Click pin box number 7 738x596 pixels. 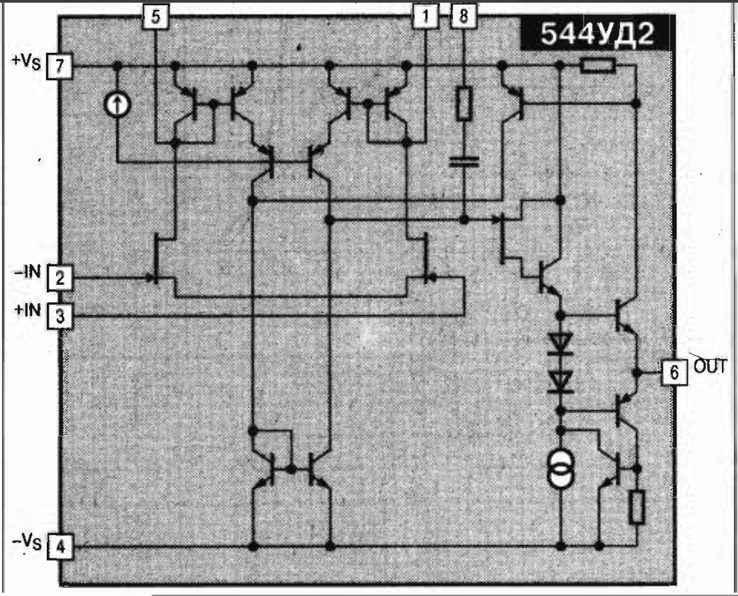point(60,66)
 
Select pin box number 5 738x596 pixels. point(155,17)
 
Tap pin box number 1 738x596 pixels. point(426,17)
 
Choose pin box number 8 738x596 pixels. point(464,17)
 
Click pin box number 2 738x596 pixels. point(60,278)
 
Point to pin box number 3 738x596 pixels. point(60,316)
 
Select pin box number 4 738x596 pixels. point(60,547)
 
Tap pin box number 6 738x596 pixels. point(674,373)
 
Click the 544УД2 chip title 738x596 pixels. point(597,33)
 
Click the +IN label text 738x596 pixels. point(28,310)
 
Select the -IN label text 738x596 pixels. point(28,272)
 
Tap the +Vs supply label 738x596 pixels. point(26,62)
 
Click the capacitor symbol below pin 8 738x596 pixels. point(464,162)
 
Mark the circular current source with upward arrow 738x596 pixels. point(117,104)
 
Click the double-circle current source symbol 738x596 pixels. point(561,469)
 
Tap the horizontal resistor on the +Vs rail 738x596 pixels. point(597,66)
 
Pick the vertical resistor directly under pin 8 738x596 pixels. point(464,103)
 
